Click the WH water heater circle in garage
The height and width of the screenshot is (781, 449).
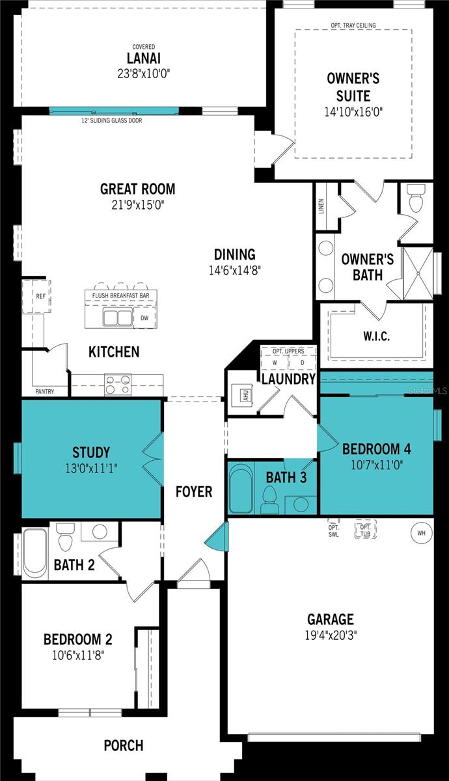[x=421, y=533]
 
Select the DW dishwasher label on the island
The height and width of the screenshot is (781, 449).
[x=144, y=318]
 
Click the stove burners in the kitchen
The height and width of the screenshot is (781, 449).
[x=117, y=385]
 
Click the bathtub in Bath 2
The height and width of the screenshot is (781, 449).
[x=35, y=553]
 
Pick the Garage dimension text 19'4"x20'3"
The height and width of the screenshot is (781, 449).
[x=331, y=634]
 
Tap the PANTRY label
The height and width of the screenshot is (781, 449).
[x=45, y=391]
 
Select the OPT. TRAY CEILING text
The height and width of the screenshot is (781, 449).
[x=353, y=25]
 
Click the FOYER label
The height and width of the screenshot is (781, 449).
[x=194, y=491]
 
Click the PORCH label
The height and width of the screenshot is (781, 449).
[x=124, y=745]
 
